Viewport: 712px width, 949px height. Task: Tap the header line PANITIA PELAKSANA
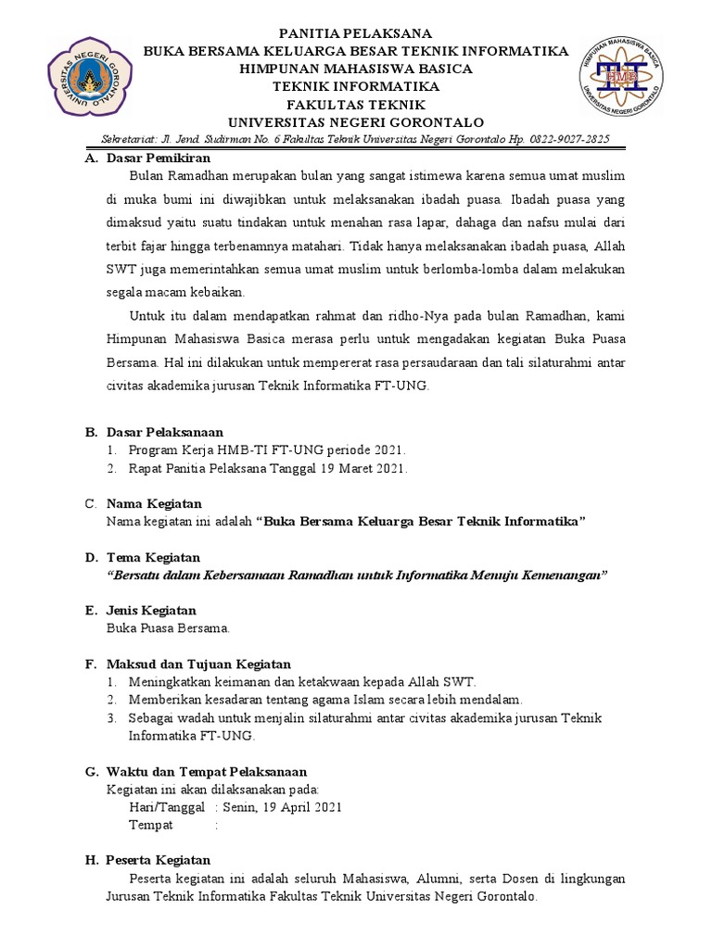coord(356,34)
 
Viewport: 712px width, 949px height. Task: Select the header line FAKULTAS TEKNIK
coord(356,105)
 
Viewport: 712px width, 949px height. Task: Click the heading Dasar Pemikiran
coord(152,158)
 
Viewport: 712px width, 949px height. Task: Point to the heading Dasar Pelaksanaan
coord(164,432)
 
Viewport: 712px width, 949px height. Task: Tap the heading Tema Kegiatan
coord(154,557)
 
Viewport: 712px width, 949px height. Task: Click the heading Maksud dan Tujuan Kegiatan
coord(198,664)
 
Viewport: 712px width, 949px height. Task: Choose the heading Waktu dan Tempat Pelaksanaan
coord(207,771)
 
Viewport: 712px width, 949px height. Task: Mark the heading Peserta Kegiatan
coord(159,860)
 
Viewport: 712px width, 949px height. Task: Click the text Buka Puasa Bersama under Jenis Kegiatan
coord(169,628)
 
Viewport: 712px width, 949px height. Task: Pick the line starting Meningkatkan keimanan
coord(301,682)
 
